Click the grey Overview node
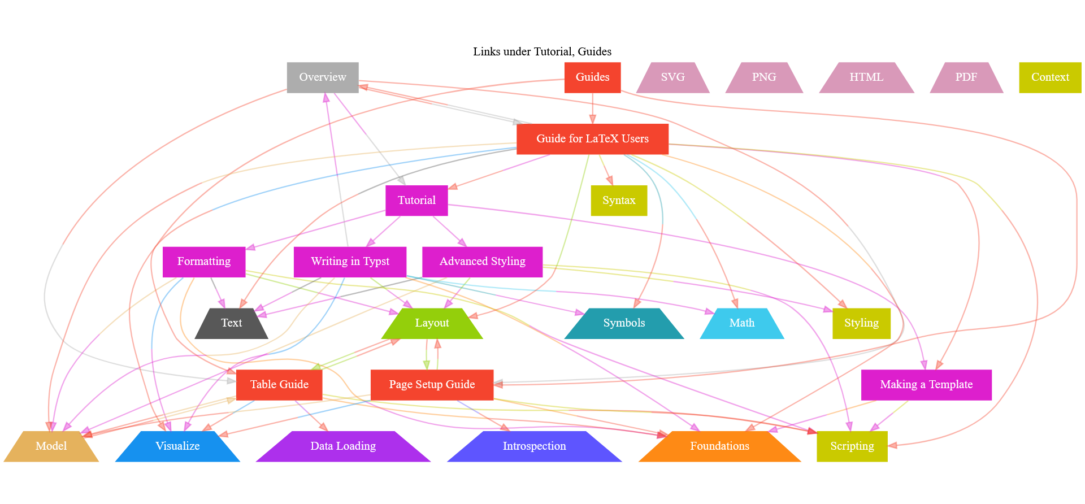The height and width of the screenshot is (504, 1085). pyautogui.click(x=323, y=77)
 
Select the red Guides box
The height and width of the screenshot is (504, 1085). pyautogui.click(x=592, y=77)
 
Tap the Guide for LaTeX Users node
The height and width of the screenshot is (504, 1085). pyautogui.click(x=592, y=139)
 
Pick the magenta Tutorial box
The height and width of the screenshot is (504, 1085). pyautogui.click(x=416, y=201)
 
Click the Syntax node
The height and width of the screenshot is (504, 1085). pyautogui.click(x=619, y=201)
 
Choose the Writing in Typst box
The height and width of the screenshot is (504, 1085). pyautogui.click(x=350, y=262)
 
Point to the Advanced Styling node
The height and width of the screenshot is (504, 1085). pyautogui.click(x=482, y=262)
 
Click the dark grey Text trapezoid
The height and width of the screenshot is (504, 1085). pyautogui.click(x=231, y=323)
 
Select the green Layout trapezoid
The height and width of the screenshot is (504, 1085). pyautogui.click(x=432, y=323)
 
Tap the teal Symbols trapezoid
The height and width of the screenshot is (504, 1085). pyautogui.click(x=624, y=323)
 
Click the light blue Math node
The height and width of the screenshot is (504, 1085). pyautogui.click(x=741, y=323)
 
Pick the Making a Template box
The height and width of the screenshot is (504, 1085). pyautogui.click(x=926, y=385)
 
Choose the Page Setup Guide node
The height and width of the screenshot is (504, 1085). pyautogui.click(x=432, y=385)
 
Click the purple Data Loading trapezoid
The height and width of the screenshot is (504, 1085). pyautogui.click(x=343, y=446)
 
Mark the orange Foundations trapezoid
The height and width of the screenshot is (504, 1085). pyautogui.click(x=719, y=446)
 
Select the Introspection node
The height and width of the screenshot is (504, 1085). pyautogui.click(x=534, y=446)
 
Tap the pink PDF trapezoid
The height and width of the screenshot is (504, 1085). pyautogui.click(x=966, y=77)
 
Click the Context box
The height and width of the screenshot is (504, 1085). pyautogui.click(x=1050, y=77)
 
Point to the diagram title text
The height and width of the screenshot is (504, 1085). pyautogui.click(x=542, y=51)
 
